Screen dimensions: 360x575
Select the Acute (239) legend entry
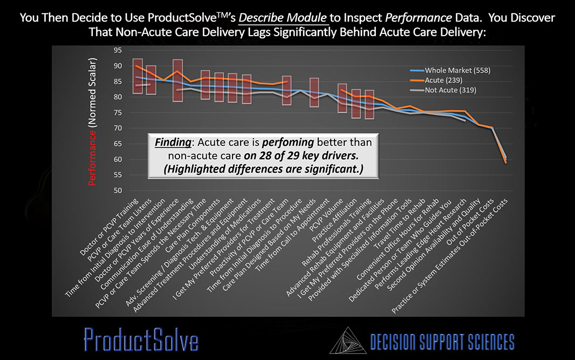click(x=443, y=80)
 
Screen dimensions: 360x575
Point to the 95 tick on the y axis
click(x=117, y=50)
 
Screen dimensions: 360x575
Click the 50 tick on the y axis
click(x=117, y=191)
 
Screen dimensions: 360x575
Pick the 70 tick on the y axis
click(x=117, y=128)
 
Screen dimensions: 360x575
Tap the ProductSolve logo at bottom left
click(x=141, y=340)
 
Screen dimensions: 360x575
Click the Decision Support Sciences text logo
click(x=442, y=341)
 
